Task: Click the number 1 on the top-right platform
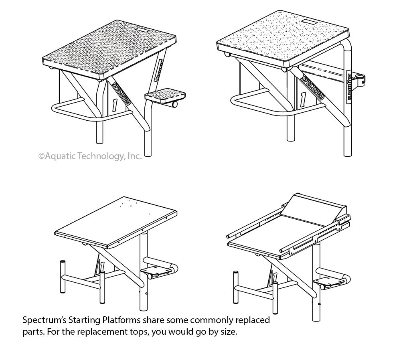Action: (303, 99)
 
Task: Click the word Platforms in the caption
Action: (119, 321)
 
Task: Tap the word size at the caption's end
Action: (234, 333)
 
